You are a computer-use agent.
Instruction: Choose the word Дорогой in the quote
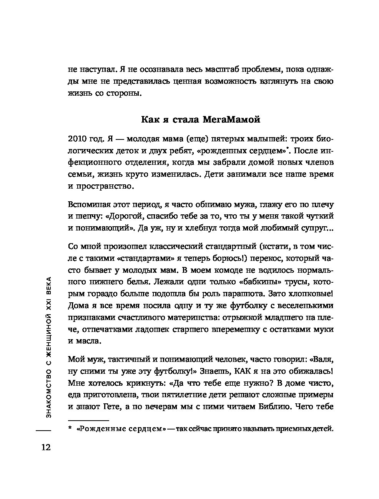(120, 216)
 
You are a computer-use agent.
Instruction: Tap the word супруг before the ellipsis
(313, 229)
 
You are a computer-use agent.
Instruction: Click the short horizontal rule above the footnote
(88, 420)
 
